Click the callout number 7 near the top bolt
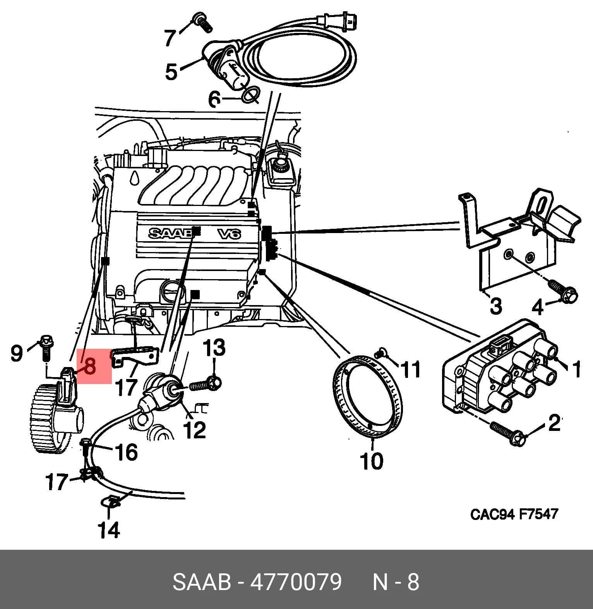171,37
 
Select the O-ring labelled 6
250,95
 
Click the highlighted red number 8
89,366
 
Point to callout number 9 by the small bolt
17,353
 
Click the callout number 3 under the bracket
496,305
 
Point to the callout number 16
126,452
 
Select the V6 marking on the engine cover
229,233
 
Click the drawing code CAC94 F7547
514,514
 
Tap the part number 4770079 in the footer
296,582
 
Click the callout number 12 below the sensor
194,429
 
